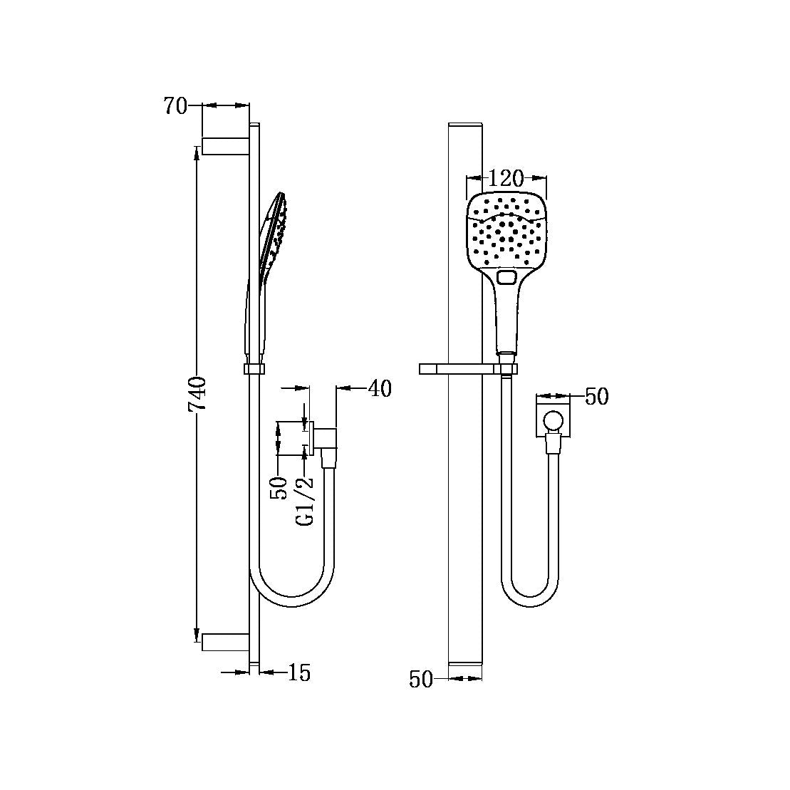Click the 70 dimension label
point(175,105)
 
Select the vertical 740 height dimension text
point(197,393)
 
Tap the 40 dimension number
point(380,389)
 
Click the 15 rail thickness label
point(300,672)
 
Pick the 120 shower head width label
point(506,178)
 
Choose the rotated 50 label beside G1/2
point(280,488)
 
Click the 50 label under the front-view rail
point(421,680)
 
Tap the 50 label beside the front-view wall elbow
point(596,397)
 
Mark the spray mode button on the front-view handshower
point(507,277)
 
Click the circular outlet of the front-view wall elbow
point(552,421)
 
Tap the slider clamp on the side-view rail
point(254,368)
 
